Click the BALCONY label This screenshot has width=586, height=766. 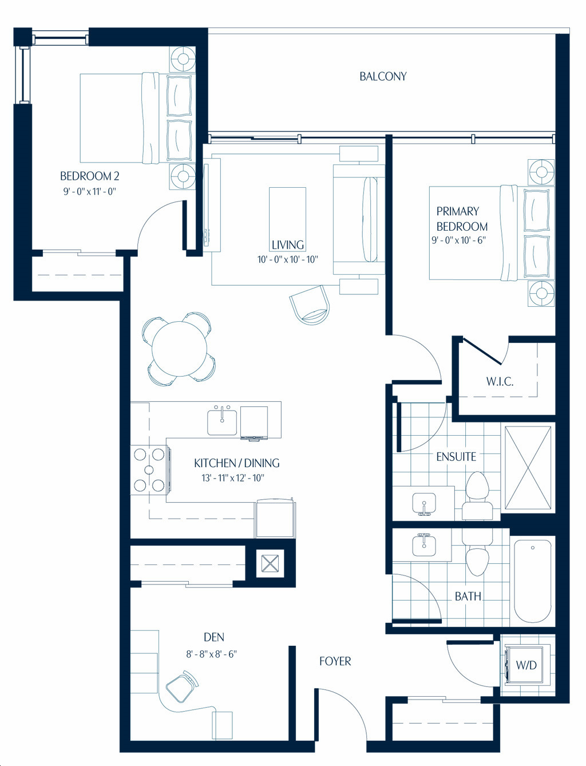point(383,76)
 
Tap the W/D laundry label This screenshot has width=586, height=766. point(526,665)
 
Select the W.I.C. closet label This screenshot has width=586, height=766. point(500,381)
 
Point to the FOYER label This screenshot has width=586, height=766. point(335,661)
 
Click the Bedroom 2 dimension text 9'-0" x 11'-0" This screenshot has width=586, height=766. point(89,191)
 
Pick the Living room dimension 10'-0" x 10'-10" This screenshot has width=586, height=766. point(288,259)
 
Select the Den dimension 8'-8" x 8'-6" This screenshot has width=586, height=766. point(211,654)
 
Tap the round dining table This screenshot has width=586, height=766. point(180,349)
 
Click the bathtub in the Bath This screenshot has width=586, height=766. point(533,582)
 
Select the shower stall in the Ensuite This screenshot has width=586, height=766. point(528,468)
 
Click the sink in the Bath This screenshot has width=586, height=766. point(424,545)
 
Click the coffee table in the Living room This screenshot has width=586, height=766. point(288,215)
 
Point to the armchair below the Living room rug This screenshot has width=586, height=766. point(310,305)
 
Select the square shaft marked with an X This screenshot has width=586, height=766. point(270,563)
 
